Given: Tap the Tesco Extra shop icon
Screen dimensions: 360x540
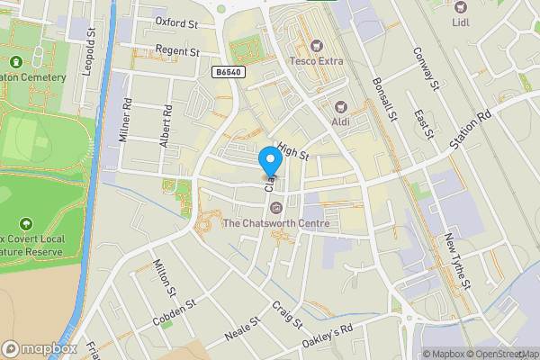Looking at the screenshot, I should coord(316,45).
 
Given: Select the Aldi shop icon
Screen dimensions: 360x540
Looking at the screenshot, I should coord(340,105).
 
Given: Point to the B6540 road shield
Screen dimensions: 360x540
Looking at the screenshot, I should coord(229,71).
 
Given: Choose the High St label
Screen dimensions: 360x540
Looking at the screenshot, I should coord(293,150).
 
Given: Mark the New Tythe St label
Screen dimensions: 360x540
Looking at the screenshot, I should coord(457,261).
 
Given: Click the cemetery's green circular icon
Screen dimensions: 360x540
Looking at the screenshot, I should coord(16,62).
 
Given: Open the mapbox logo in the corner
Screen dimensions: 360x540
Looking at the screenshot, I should coord(40,348).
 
